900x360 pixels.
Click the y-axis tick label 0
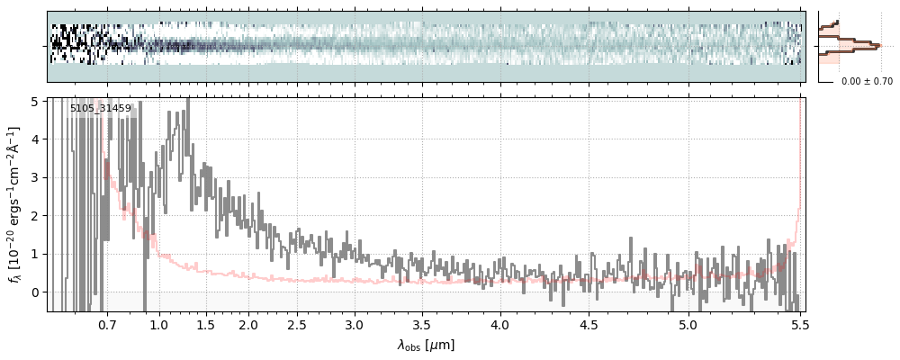coord(36,292)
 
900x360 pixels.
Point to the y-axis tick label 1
coord(36,254)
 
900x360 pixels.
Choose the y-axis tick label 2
coord(36,216)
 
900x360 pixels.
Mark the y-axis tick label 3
coord(36,177)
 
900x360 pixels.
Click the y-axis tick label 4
coord(36,139)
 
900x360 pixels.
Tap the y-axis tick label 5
coord(36,101)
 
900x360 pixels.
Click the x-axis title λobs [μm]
coord(427,344)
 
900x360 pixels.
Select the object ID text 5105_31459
coord(101,109)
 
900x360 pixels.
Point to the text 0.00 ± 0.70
coord(867,81)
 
